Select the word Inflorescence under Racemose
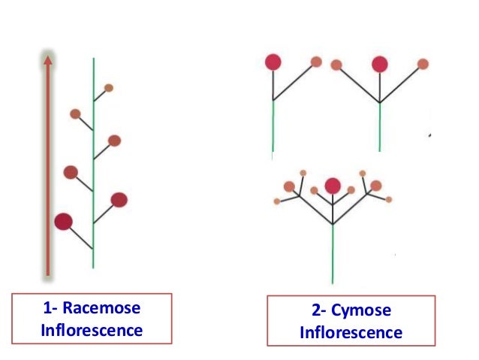tap(91, 330)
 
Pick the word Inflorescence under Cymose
tap(351, 332)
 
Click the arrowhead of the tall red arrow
tap(48, 62)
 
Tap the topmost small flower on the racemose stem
tap(109, 88)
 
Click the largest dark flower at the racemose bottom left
tap(64, 221)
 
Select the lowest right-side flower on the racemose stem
tap(119, 199)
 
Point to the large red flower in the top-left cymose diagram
tap(273, 62)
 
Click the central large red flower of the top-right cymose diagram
tap(380, 64)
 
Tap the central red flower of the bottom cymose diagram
tap(333, 185)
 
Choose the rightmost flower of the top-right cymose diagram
tap(423, 64)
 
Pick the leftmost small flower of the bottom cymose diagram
tap(277, 201)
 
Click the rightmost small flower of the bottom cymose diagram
tap(388, 199)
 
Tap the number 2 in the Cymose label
tap(315, 311)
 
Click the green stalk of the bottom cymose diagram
tap(333, 256)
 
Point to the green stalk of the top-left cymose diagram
tap(273, 128)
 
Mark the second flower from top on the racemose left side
tap(71, 172)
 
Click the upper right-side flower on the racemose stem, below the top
tap(114, 141)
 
